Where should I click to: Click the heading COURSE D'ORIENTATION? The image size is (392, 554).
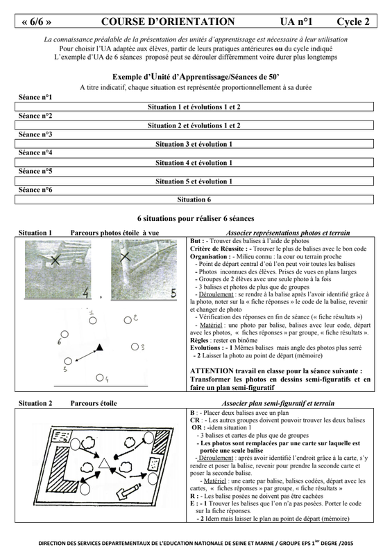[168, 21]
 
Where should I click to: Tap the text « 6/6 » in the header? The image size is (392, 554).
[36, 22]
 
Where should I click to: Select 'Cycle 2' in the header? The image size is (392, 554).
[352, 22]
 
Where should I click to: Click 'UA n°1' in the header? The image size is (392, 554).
[296, 22]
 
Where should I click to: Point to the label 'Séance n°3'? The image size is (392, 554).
[35, 134]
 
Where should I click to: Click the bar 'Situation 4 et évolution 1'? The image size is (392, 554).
[194, 163]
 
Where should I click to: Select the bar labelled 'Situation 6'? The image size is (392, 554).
[194, 199]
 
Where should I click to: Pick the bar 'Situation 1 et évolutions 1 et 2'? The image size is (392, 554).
[194, 107]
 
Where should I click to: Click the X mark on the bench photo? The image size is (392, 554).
[55, 260]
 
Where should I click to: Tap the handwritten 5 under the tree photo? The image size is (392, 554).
[173, 293]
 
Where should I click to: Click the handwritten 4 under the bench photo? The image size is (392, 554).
[86, 292]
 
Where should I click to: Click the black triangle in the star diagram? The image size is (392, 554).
[99, 348]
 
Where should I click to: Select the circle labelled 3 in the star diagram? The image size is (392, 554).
[135, 347]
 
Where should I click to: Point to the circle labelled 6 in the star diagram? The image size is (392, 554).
[65, 334]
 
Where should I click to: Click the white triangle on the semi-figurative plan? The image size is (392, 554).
[104, 463]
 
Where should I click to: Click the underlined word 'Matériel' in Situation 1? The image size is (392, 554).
[211, 325]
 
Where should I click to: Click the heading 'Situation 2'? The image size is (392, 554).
[35, 403]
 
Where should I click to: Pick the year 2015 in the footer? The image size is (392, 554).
[347, 544]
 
